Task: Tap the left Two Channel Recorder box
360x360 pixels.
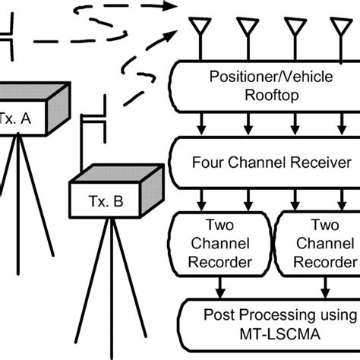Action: coord(221,245)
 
